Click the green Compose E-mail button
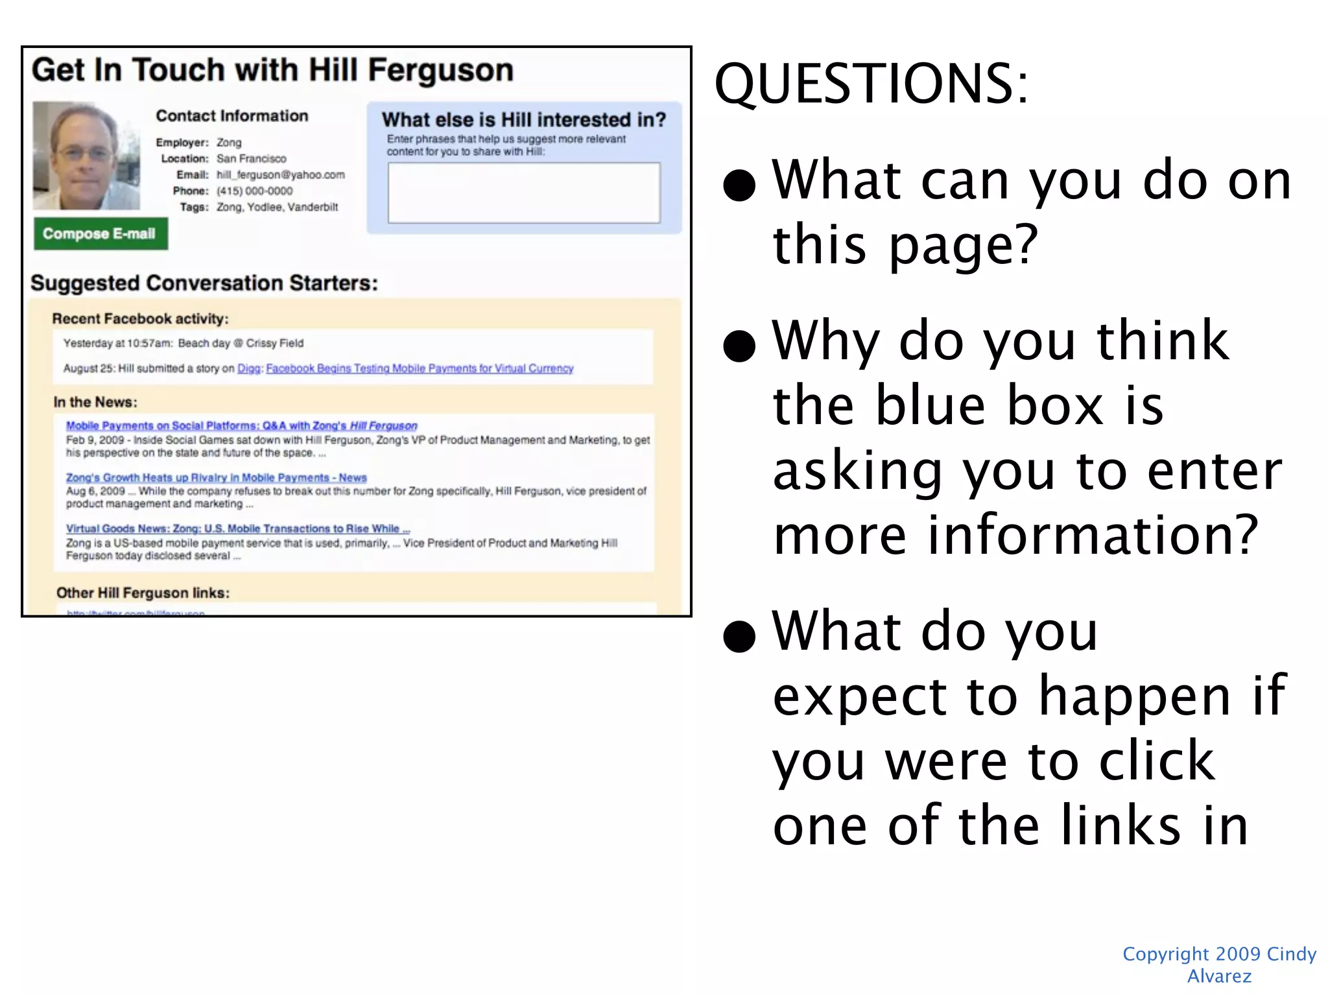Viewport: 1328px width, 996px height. pyautogui.click(x=101, y=234)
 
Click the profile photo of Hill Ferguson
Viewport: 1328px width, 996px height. pyautogui.click(x=86, y=156)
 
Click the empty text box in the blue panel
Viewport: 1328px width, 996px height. pyautogui.click(x=524, y=193)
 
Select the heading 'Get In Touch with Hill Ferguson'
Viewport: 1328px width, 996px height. pyautogui.click(x=272, y=70)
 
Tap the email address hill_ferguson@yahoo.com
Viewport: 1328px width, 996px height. pyautogui.click(x=281, y=175)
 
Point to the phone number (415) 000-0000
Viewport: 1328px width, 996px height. pyautogui.click(x=254, y=191)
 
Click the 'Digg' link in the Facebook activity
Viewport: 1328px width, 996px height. pyautogui.click(x=249, y=368)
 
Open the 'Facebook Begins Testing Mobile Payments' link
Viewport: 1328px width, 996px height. pyautogui.click(x=420, y=368)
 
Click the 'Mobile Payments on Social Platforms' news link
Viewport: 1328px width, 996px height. pyautogui.click(x=241, y=425)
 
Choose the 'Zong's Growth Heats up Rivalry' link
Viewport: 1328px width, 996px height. pyautogui.click(x=216, y=477)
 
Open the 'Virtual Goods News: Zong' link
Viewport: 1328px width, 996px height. pyautogui.click(x=237, y=528)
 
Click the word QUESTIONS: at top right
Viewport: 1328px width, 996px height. pyautogui.click(x=871, y=84)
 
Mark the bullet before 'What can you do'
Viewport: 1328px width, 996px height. pyautogui.click(x=739, y=185)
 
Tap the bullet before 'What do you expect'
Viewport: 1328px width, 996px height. pyautogui.click(x=739, y=636)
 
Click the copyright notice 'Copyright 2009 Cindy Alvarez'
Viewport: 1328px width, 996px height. pyautogui.click(x=1219, y=964)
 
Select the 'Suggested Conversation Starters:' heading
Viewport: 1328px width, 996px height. pyautogui.click(x=204, y=283)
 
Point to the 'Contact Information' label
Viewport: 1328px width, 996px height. pyautogui.click(x=232, y=116)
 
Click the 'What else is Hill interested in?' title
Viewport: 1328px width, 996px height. pyautogui.click(x=523, y=120)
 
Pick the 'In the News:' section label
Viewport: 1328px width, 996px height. pyautogui.click(x=95, y=402)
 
